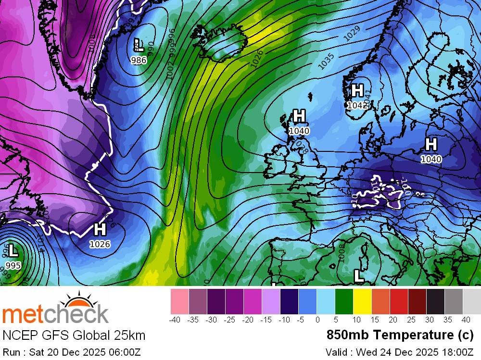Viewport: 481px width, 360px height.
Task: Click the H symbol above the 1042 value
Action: [x=357, y=90]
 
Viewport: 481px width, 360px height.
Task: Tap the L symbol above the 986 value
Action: [x=139, y=46]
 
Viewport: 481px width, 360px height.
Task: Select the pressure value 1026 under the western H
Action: [x=100, y=244]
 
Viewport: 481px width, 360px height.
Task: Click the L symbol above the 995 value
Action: [x=13, y=250]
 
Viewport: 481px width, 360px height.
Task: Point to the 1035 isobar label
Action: [x=326, y=61]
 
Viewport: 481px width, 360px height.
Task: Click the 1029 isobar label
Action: [x=352, y=33]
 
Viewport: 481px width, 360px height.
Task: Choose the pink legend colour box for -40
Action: [x=179, y=301]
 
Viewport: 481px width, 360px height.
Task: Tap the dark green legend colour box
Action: [x=344, y=301]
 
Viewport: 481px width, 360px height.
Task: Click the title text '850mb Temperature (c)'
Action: [x=400, y=335]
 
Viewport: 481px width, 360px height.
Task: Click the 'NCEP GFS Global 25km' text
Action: [x=74, y=335]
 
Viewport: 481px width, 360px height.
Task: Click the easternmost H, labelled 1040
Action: [x=431, y=144]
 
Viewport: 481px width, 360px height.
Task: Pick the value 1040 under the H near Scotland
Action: [x=299, y=131]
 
